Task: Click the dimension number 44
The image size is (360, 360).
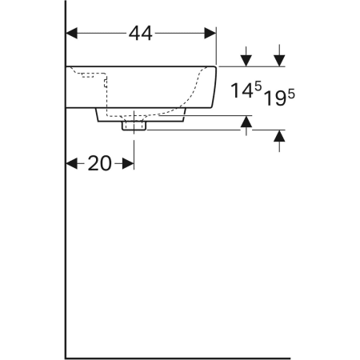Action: [141, 34]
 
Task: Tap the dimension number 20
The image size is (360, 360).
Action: [99, 163]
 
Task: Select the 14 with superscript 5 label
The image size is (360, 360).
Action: [246, 90]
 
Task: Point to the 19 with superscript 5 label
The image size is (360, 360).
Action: [279, 98]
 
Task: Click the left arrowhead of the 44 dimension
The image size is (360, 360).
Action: [71, 33]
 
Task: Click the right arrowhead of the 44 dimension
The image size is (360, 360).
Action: [210, 33]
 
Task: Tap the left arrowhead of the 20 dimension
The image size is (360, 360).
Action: [71, 163]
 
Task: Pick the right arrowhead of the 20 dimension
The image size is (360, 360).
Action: [128, 163]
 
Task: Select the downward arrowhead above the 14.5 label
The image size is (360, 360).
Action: [246, 61]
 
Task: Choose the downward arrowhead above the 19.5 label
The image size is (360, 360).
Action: [279, 61]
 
